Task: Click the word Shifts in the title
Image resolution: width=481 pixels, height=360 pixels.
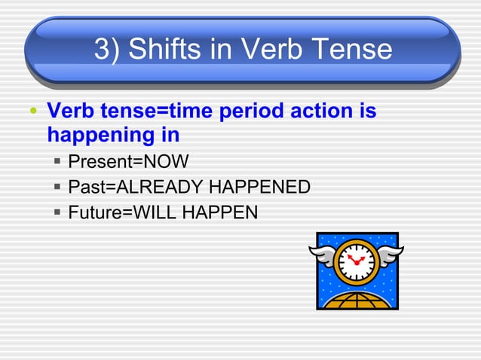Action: (166, 50)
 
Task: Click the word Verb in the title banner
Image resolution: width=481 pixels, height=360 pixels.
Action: (266, 50)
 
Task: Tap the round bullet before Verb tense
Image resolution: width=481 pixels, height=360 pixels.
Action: (32, 114)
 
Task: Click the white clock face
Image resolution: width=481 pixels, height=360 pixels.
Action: (354, 261)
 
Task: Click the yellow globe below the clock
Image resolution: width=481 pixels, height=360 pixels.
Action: (354, 300)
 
